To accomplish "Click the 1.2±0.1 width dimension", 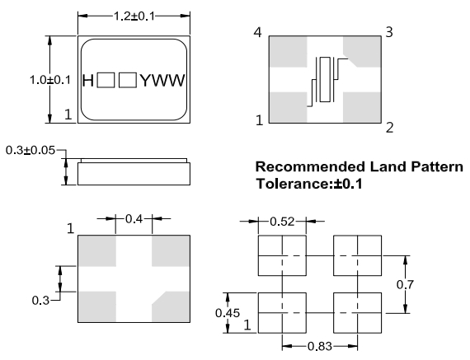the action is coord(134,16).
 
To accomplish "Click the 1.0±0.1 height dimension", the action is coord(50,80).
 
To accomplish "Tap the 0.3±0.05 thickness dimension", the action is coord(31,150).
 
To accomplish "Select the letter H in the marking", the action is coord(88,81).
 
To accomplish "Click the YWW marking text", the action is coord(162,81).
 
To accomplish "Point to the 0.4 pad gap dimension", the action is coord(134,219).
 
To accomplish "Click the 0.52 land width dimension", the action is coord(282,222).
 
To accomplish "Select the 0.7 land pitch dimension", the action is coord(405,284).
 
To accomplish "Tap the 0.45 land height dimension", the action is coord(228,313).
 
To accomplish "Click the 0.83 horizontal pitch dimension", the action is coord(320,347).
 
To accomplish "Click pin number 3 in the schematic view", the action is coord(388,32).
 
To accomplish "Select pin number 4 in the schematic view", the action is coord(257,32).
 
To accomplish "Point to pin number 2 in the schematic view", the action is coord(389,128).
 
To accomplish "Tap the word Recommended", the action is coord(310,166).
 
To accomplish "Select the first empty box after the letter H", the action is coord(106,80).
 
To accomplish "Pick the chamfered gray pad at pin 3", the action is coord(362,51).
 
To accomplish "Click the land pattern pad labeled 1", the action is coord(282,313).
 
